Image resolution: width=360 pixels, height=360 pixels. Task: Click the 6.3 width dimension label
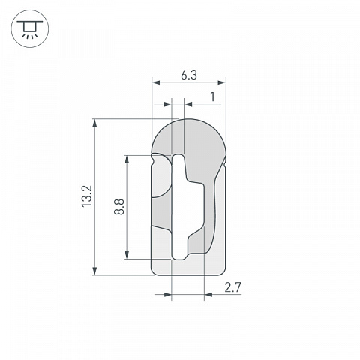189,75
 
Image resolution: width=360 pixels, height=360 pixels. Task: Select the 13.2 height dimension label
87,196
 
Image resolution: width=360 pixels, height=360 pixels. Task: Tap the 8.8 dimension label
119,207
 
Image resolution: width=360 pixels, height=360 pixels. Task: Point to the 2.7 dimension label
232,287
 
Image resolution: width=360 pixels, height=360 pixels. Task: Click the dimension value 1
213,97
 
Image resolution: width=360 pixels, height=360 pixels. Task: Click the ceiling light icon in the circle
30,29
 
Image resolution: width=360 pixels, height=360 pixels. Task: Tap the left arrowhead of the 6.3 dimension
156,82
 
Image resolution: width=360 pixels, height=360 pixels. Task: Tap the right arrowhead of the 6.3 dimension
222,82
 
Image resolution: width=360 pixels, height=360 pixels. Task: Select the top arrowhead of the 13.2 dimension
94,123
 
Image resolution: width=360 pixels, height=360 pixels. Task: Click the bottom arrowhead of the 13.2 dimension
94,271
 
